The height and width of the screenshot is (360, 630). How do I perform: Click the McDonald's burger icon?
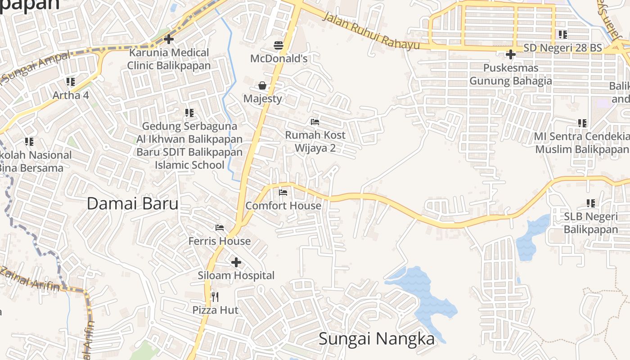[x=279, y=45]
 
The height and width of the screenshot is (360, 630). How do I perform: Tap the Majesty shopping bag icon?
[x=262, y=85]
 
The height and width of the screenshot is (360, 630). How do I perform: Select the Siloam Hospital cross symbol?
[x=236, y=262]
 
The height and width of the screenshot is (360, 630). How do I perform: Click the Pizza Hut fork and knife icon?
[x=215, y=297]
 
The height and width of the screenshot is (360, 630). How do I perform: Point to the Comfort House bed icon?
[x=283, y=193]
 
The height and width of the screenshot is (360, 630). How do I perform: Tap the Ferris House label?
[x=220, y=241]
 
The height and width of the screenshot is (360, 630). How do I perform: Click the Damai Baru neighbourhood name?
[x=132, y=204]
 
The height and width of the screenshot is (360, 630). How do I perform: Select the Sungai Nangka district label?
[x=377, y=339]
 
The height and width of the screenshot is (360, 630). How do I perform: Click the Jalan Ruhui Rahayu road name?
[x=371, y=31]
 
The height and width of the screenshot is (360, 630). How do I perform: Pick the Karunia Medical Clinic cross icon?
[x=169, y=39]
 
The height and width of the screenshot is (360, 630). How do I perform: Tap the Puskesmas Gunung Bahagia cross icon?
[x=510, y=54]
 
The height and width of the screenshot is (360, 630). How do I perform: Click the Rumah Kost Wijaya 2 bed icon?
[x=315, y=121]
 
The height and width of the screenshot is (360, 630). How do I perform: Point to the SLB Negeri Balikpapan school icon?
[x=590, y=203]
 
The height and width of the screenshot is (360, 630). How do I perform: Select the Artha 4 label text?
[x=71, y=95]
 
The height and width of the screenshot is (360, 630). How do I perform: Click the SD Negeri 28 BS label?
[x=562, y=48]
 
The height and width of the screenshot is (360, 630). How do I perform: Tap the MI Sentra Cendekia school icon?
[x=582, y=123]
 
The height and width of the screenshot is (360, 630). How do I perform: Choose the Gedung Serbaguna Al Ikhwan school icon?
[x=189, y=112]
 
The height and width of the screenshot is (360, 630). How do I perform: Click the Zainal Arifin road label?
[x=29, y=279]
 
